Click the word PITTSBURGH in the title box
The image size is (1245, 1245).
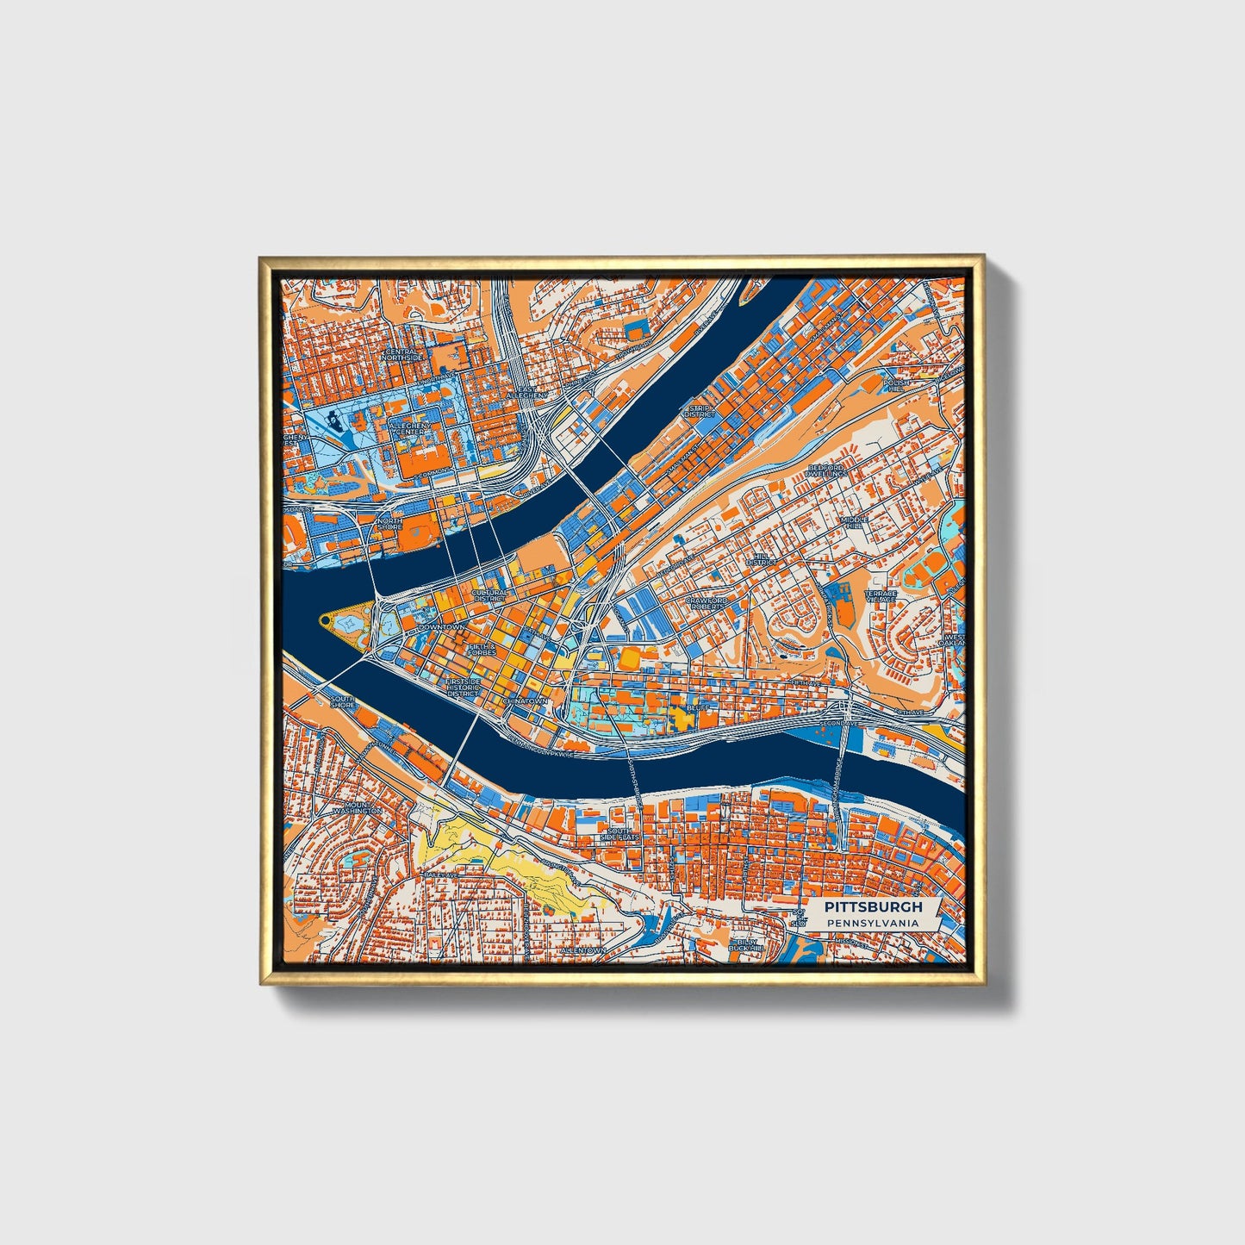tap(873, 906)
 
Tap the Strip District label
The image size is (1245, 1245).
tap(700, 410)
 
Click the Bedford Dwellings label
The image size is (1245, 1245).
tap(826, 470)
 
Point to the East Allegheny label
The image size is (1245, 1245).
tap(526, 392)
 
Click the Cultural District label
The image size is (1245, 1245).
tap(489, 595)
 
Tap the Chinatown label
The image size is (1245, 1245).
tap(525, 701)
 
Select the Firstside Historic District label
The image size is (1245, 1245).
tap(463, 687)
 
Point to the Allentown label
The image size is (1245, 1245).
tap(582, 949)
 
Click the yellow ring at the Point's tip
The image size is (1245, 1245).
tap(324, 619)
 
